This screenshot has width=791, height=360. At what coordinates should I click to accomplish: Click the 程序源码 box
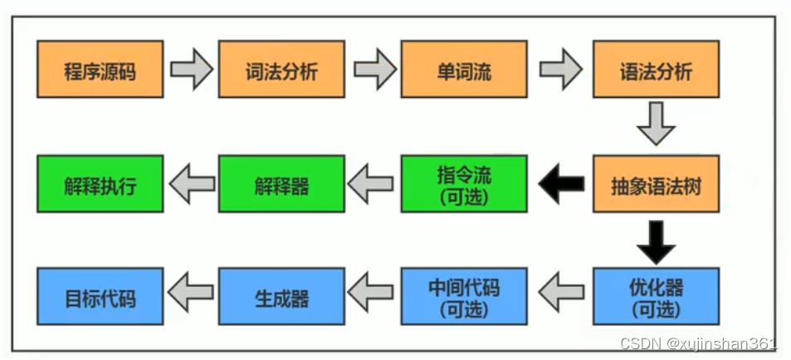tap(100, 71)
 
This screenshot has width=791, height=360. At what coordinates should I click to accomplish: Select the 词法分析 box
tap(281, 71)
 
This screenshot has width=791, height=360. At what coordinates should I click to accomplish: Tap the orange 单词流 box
tap(464, 71)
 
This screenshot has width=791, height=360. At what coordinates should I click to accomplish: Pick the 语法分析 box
tap(656, 71)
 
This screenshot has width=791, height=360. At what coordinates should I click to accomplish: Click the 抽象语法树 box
tap(656, 184)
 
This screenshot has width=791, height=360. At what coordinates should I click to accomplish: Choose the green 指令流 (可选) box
tap(464, 184)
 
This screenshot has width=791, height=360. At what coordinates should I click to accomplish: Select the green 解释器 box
tap(281, 184)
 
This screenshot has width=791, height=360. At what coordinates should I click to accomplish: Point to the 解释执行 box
tap(100, 184)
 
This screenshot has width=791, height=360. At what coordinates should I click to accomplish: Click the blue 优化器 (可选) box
tap(656, 297)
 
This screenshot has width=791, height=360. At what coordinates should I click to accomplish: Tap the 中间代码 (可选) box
tap(464, 297)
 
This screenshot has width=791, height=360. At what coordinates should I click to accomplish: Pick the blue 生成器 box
tap(281, 297)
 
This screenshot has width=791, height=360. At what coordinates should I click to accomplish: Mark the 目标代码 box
tap(100, 297)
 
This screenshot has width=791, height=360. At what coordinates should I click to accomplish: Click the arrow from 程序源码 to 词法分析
tap(191, 71)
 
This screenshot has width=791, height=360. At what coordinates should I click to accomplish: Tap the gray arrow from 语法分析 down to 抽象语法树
tap(656, 127)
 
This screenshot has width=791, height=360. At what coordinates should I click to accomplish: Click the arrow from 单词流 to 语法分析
tap(561, 71)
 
